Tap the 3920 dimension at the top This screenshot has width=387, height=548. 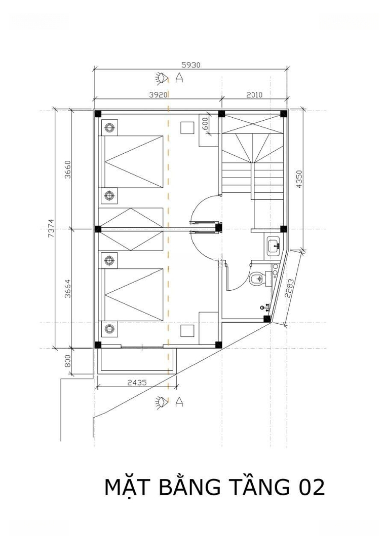coord(159,95)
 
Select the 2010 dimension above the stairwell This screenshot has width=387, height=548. coord(254,95)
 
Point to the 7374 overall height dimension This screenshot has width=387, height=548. coord(51,228)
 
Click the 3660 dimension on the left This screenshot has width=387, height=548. coord(68,169)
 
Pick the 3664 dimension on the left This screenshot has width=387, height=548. coord(68,288)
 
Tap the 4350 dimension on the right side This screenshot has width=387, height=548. coord(299,179)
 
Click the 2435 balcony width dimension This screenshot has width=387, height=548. coord(137,383)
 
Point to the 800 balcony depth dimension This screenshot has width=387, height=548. coord(68,361)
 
